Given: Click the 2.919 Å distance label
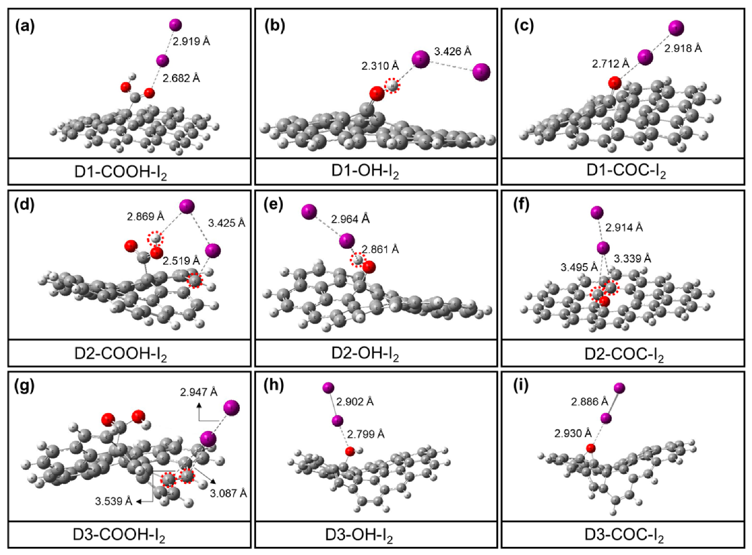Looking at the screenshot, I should click(191, 41).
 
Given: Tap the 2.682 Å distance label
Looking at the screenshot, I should click(181, 78).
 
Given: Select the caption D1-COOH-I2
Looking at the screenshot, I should click(120, 172).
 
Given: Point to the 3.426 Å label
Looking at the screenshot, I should click(452, 52).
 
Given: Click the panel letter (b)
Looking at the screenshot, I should click(275, 26).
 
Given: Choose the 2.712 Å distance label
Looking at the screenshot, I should click(610, 64).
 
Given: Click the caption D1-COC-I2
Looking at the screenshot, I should click(626, 171).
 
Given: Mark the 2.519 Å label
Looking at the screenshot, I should click(181, 261).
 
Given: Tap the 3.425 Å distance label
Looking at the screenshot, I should click(226, 223).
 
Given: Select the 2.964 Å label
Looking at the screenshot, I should click(350, 219).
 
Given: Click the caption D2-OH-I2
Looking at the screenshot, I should click(365, 353).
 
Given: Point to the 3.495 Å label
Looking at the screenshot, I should click(579, 268).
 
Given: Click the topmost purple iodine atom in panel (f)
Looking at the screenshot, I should click(597, 212).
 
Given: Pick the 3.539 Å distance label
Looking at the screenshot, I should click(113, 501).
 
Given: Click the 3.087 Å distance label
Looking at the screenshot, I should click(228, 493).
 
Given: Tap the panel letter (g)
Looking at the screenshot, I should click(25, 386).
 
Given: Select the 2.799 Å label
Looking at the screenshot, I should click(365, 434).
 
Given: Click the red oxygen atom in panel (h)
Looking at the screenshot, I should click(350, 451).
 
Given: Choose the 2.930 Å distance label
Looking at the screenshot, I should click(573, 434).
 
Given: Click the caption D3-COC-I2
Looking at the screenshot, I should click(624, 535).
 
